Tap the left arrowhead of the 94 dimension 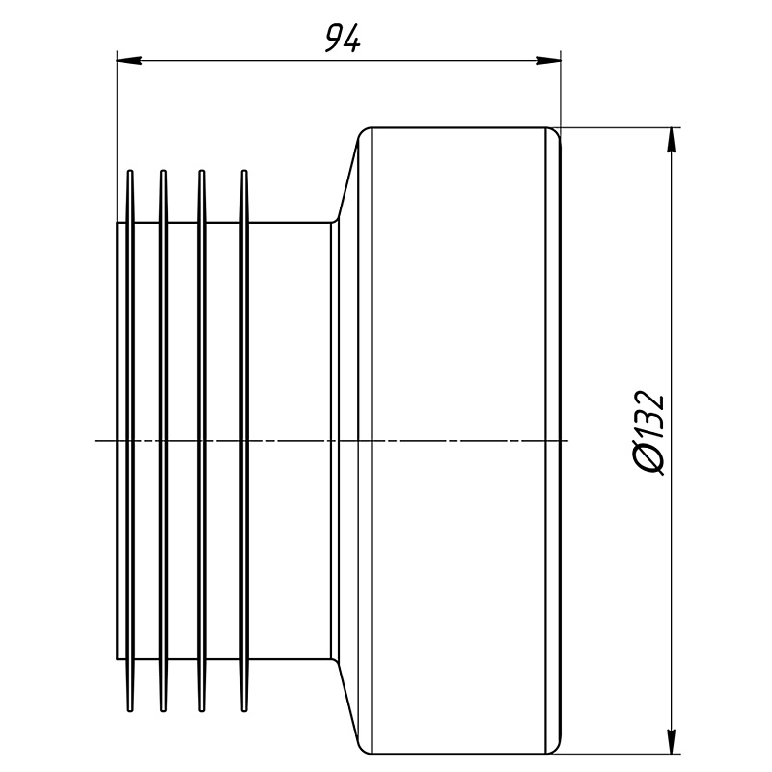pos(129,61)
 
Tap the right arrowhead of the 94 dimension pos(548,61)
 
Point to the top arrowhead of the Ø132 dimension pos(671,140)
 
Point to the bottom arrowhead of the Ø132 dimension pos(671,741)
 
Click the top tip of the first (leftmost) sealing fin pos(130,171)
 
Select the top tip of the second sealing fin pos(163,171)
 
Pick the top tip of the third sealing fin pos(201,171)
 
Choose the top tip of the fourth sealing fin pos(244,171)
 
